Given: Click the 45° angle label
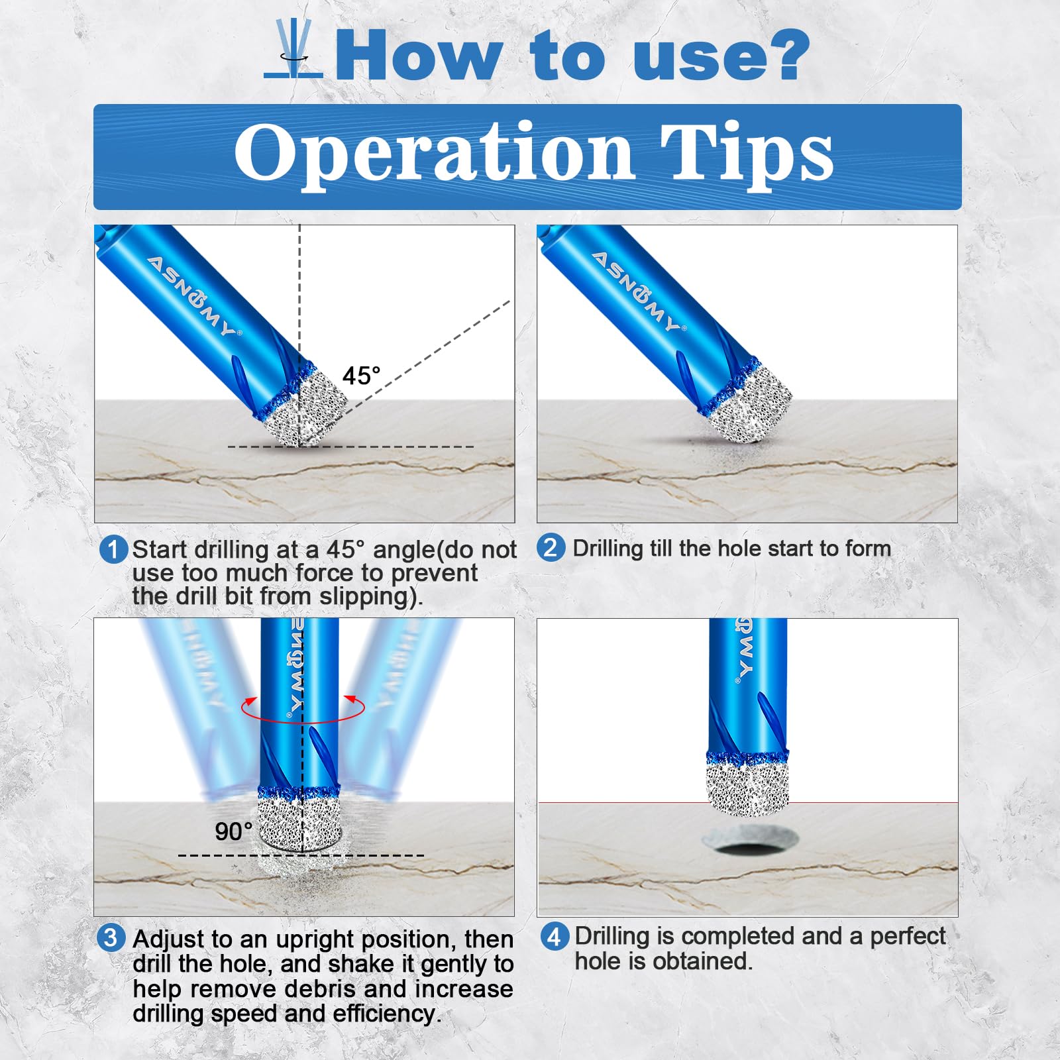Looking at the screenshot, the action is pos(361,376).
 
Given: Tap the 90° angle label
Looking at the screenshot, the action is pos(233,831).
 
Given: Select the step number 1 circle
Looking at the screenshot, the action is pos(113,550).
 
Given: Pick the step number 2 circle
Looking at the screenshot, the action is pos(551,548).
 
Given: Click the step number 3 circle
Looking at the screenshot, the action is pos(111,938).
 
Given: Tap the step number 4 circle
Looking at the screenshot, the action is pos(555,937).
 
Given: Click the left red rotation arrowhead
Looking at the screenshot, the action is pos(250,702).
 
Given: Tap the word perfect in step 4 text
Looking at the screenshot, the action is pos(908,937).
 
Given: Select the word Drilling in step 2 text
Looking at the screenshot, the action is pos(608,549).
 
